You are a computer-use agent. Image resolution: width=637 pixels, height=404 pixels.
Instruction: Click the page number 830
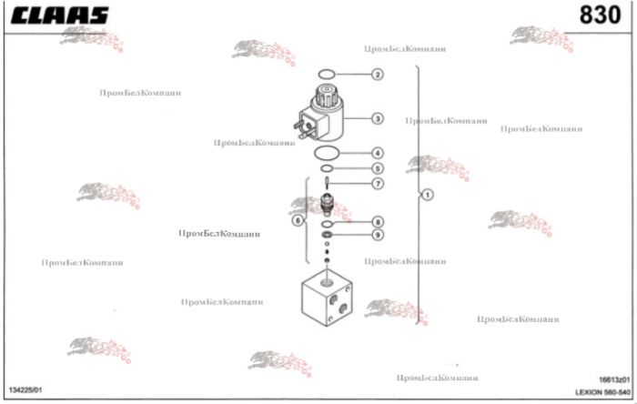click(602, 16)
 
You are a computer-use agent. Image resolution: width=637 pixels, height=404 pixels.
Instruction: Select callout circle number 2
click(377, 74)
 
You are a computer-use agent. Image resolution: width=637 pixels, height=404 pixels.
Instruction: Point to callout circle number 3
click(377, 118)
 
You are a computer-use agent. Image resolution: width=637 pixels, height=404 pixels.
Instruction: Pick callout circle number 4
click(377, 153)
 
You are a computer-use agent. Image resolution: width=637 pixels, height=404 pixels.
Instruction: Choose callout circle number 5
click(377, 168)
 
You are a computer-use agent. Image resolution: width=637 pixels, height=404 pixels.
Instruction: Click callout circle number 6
click(297, 220)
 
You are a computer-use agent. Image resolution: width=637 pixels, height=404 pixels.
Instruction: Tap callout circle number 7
click(377, 184)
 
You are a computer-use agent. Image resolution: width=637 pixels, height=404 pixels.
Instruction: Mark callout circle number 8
click(377, 222)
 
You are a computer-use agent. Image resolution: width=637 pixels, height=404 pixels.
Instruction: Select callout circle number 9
click(377, 235)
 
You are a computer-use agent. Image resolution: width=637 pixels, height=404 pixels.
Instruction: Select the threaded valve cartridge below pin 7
click(327, 206)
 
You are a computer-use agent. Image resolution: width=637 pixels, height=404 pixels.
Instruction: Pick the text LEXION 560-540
click(602, 392)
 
